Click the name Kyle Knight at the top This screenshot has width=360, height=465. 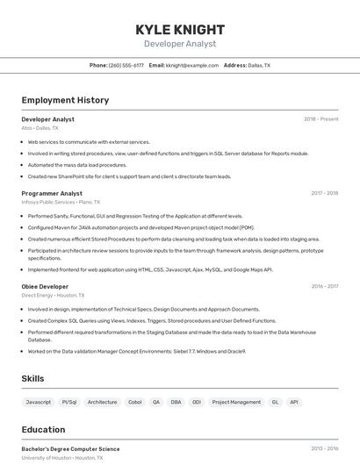[x=180, y=30]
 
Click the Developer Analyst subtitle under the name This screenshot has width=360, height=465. [x=180, y=44]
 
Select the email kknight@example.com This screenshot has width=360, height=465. [x=192, y=65]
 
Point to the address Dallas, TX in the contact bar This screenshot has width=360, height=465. [x=259, y=65]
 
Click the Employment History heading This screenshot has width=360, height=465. [x=65, y=100]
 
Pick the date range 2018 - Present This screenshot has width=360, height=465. [x=320, y=118]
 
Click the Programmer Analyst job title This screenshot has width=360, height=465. [x=52, y=193]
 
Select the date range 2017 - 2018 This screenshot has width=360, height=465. [x=324, y=193]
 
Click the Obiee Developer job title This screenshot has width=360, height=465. [x=45, y=286]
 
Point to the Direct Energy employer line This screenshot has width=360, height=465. [x=53, y=296]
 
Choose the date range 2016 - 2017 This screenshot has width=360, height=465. [x=324, y=286]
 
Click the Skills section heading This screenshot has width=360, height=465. [x=33, y=378]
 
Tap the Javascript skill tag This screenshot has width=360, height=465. [x=39, y=402]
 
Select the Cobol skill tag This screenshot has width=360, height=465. [x=135, y=402]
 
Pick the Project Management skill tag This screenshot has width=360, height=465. [x=236, y=402]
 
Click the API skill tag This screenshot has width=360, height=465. [x=294, y=402]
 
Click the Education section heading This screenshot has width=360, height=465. [x=43, y=430]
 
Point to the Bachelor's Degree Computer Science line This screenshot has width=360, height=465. [x=70, y=449]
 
